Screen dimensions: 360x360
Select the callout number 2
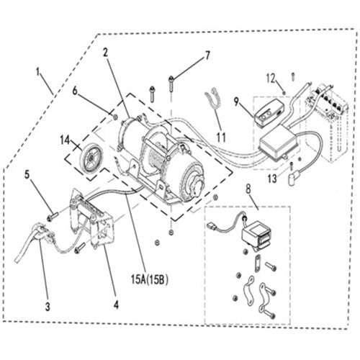[106, 52]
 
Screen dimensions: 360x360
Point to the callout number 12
[270, 78]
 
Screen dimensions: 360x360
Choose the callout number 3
[47, 307]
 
